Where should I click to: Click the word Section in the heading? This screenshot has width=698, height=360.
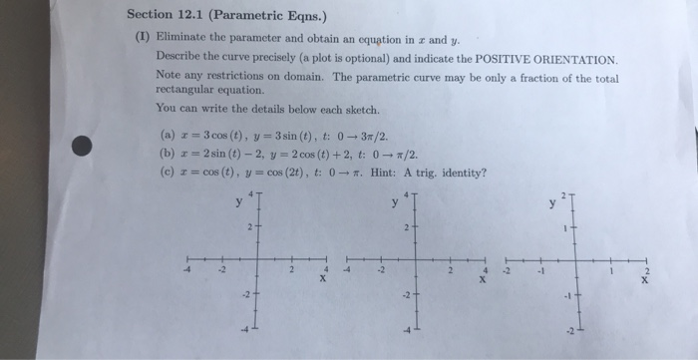pyautogui.click(x=154, y=14)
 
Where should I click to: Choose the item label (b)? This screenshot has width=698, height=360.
pyautogui.click(x=165, y=154)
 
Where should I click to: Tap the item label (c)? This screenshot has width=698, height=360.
pyautogui.click(x=165, y=172)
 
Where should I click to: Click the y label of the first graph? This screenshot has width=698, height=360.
pyautogui.click(x=239, y=202)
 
